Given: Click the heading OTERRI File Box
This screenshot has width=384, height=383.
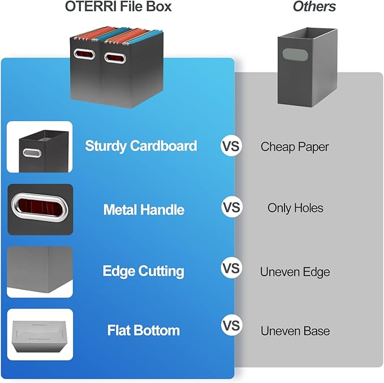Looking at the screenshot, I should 118,7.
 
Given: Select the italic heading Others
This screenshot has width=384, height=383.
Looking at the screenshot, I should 314,7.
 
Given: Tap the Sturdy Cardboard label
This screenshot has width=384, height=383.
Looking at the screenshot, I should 141,146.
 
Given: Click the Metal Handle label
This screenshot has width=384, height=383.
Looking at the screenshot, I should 144,210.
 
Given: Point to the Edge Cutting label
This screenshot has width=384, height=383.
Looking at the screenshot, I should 143,271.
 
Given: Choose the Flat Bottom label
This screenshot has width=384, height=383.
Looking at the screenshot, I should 144,330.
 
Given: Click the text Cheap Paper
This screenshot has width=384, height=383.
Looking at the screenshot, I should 295,147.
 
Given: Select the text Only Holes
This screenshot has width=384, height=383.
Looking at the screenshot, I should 295,208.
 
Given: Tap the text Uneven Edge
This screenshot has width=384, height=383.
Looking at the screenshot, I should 295,272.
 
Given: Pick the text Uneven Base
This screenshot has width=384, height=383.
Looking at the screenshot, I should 295,331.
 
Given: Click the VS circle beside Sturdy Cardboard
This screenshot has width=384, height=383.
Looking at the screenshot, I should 231,146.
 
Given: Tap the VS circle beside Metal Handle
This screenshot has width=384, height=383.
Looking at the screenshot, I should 231,208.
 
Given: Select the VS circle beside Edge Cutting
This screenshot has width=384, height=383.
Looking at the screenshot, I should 231,267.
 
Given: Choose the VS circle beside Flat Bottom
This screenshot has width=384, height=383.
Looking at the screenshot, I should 231,326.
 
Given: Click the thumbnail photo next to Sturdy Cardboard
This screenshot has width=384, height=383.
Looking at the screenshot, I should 40,147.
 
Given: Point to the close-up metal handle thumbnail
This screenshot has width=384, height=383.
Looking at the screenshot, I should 40,209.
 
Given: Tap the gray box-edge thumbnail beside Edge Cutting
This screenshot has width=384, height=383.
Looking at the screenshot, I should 40,272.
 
